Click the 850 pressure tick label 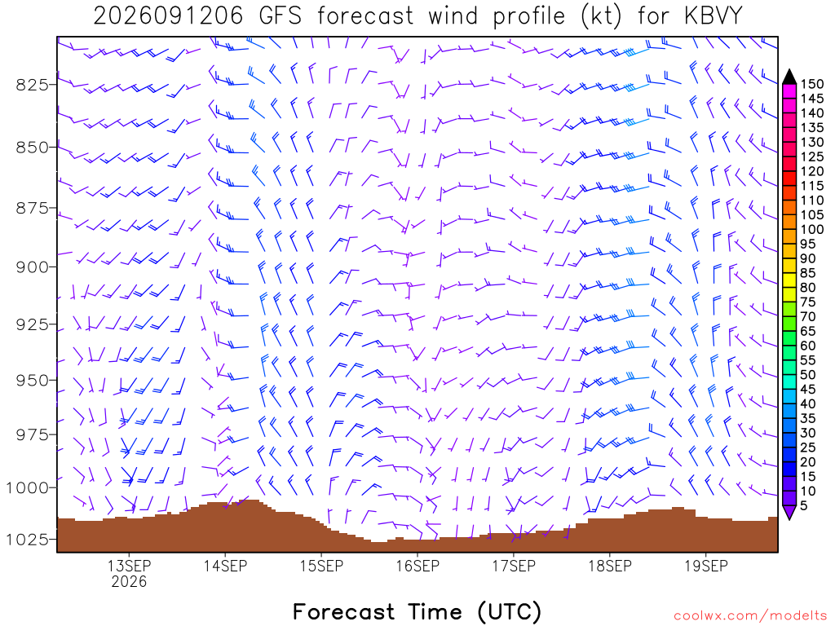[x=32, y=147]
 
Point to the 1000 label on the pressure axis [x=27, y=487]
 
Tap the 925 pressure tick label [x=32, y=324]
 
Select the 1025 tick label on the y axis [x=27, y=540]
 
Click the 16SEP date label [x=417, y=566]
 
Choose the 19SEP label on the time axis [x=706, y=566]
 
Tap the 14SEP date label [x=225, y=566]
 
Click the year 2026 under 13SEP [x=129, y=581]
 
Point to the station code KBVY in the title [x=713, y=16]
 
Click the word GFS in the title [x=281, y=16]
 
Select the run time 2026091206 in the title [x=168, y=16]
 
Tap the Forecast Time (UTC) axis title [x=417, y=612]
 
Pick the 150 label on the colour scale [x=812, y=84]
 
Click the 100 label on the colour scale [x=812, y=229]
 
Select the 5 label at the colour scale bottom [x=804, y=505]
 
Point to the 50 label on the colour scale [x=808, y=375]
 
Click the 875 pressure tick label [x=32, y=208]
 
